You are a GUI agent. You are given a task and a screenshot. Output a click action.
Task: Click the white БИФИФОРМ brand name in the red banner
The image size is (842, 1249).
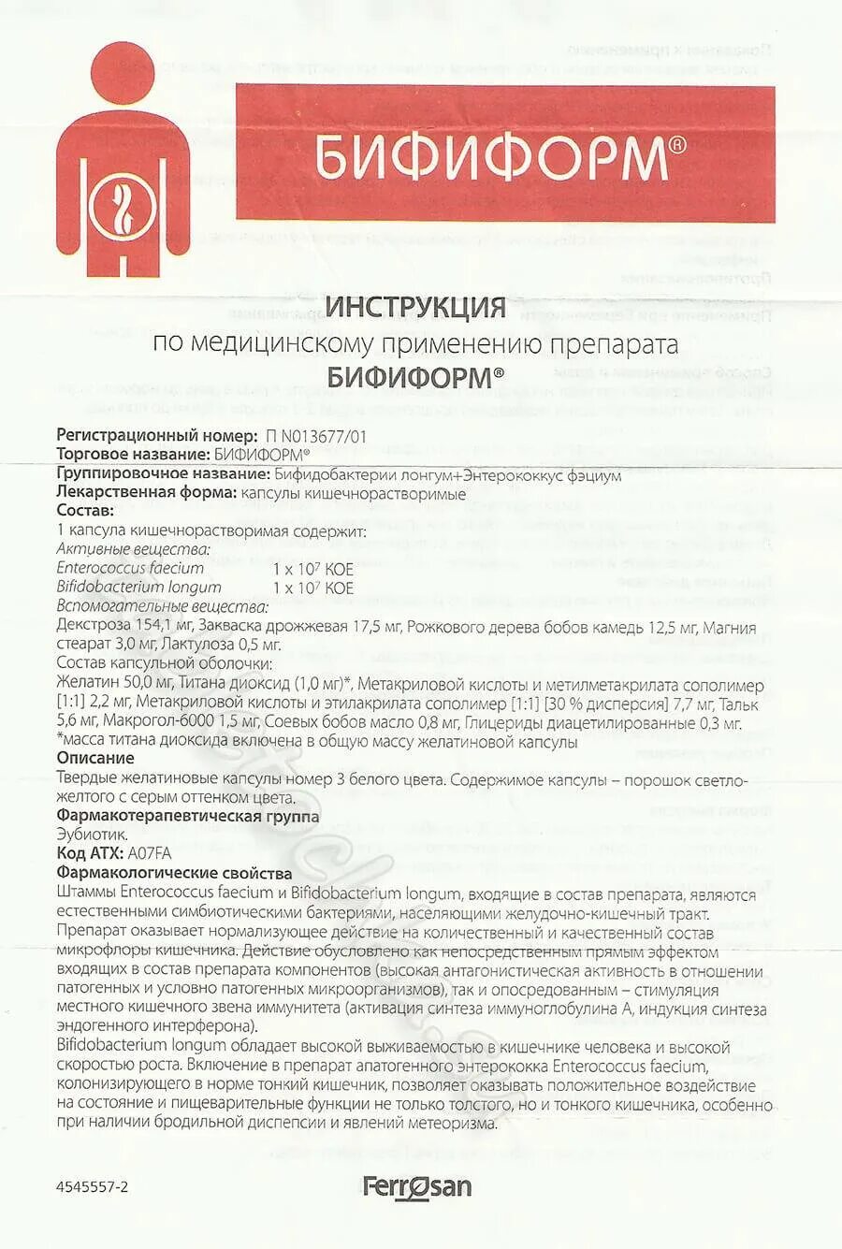tap(490, 157)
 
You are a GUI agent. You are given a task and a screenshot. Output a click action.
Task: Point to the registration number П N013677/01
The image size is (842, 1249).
tap(316, 435)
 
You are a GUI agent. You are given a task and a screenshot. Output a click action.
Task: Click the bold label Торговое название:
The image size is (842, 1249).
tap(134, 455)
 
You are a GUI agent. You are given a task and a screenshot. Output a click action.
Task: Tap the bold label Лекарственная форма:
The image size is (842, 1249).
tap(146, 492)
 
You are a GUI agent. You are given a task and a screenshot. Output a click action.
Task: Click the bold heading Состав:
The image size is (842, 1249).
tap(85, 511)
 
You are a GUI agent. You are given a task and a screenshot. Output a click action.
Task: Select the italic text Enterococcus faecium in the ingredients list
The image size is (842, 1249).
tap(130, 568)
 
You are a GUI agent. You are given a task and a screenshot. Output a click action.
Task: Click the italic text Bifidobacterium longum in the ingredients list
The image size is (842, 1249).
tap(138, 588)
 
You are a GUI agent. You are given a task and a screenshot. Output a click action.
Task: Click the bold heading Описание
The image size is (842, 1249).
tap(95, 758)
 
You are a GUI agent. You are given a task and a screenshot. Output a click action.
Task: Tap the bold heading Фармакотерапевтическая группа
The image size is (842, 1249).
tap(187, 816)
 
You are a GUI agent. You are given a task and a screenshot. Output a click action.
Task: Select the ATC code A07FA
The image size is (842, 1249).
tap(150, 853)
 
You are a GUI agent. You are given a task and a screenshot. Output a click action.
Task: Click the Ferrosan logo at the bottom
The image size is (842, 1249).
tap(417, 1187)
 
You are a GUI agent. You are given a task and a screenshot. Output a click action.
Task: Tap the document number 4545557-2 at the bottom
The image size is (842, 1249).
tap(92, 1187)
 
